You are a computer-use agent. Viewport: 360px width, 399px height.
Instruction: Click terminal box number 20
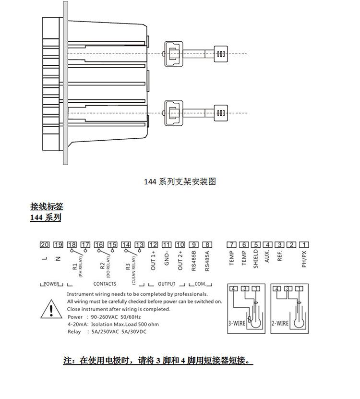point(45,245)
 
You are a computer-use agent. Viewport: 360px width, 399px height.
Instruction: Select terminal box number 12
point(153,245)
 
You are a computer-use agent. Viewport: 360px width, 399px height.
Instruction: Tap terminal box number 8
point(207,245)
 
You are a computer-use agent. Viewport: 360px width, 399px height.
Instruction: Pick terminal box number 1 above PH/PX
point(304,245)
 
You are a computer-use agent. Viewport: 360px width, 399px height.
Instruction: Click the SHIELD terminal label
point(256,258)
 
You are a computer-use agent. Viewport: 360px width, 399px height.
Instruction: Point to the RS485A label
point(207,261)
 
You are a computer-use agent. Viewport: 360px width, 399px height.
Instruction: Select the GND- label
point(167,258)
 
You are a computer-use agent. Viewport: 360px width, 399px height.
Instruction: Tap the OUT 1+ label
point(153,261)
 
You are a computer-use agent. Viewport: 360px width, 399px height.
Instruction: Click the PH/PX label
point(304,259)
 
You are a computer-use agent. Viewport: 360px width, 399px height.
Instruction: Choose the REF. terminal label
point(280,256)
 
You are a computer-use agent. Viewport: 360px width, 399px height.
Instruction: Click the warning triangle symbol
point(51,309)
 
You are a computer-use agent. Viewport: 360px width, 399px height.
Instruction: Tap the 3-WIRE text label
point(237,324)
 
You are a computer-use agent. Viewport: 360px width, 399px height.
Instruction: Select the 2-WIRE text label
point(280,324)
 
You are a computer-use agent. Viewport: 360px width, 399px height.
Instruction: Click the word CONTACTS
point(105,284)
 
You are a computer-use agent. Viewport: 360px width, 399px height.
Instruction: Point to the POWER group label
point(51,284)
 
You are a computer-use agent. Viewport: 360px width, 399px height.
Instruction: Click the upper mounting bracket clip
point(174,54)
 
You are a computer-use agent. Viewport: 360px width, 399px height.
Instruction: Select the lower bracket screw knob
point(221,113)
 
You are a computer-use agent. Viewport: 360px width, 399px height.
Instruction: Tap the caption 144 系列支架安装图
point(180,181)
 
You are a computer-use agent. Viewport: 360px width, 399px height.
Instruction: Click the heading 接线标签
point(47,206)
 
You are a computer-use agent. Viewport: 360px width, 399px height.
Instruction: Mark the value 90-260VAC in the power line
point(105,317)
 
